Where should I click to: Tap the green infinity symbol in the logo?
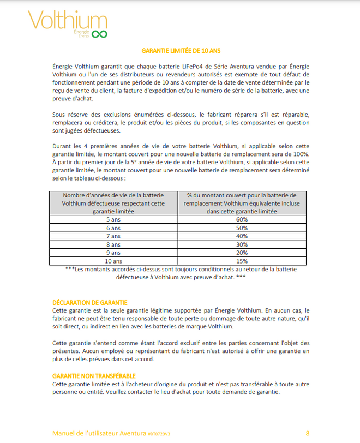99,34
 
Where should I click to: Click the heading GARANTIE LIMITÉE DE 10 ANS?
179,51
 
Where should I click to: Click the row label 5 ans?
114,219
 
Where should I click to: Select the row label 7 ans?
114,236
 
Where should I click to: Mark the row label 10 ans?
114,262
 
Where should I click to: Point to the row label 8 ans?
114,245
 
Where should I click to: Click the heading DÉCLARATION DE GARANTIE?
90,302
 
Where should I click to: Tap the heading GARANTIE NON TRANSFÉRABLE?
94,376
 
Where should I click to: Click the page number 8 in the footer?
308,433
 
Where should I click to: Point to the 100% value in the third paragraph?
301,154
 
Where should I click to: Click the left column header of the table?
114,202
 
